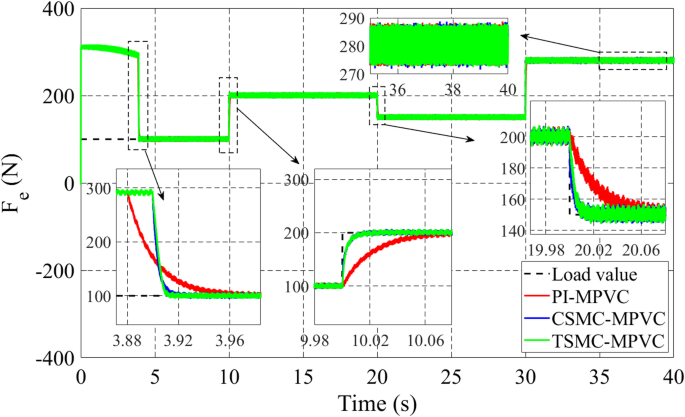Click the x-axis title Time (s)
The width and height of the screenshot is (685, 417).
click(376, 404)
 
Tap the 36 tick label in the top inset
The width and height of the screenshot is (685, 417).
click(397, 88)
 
